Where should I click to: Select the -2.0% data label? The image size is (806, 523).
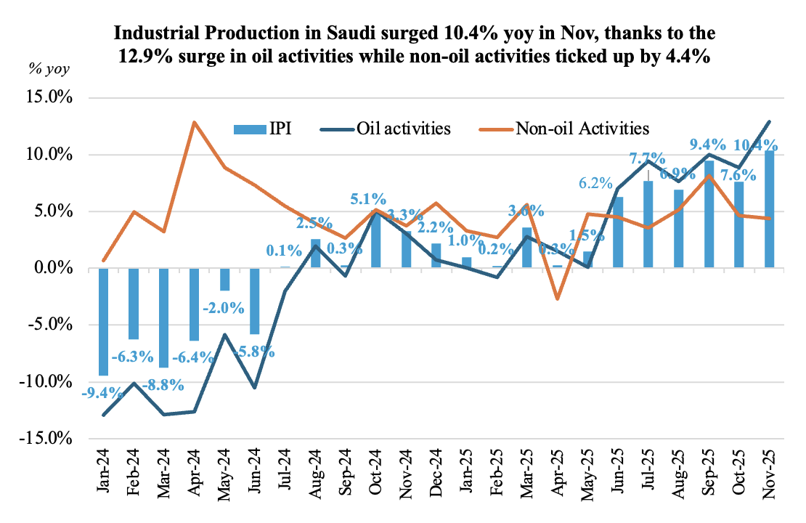click(224, 307)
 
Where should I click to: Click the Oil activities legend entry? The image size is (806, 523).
click(395, 129)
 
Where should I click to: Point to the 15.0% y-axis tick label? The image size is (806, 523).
click(50, 97)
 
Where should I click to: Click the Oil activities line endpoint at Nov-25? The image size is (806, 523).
click(769, 121)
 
